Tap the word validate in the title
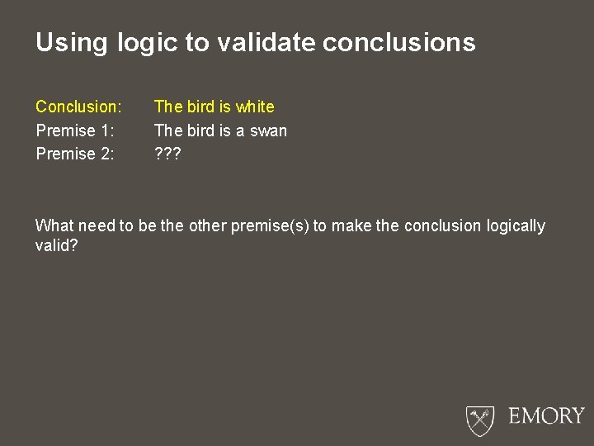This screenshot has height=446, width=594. [266, 43]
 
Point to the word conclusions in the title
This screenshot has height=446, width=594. [399, 43]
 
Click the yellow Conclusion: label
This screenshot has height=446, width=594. [78, 107]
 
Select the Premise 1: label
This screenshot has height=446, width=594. [75, 130]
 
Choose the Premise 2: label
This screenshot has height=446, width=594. [75, 154]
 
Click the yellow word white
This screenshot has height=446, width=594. [255, 107]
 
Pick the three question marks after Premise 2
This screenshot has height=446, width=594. [167, 154]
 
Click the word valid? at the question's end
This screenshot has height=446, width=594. [57, 245]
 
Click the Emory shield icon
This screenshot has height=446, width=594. [479, 419]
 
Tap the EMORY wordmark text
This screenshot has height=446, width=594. [546, 415]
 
